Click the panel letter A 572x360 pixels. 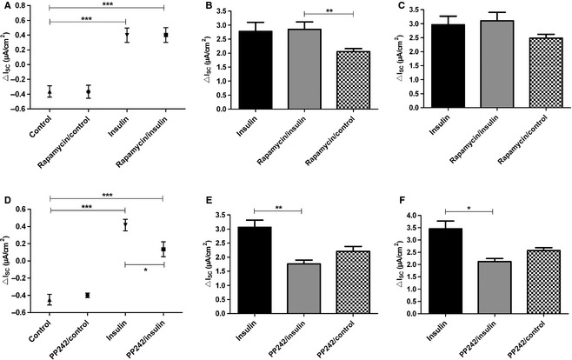point(6,6)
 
